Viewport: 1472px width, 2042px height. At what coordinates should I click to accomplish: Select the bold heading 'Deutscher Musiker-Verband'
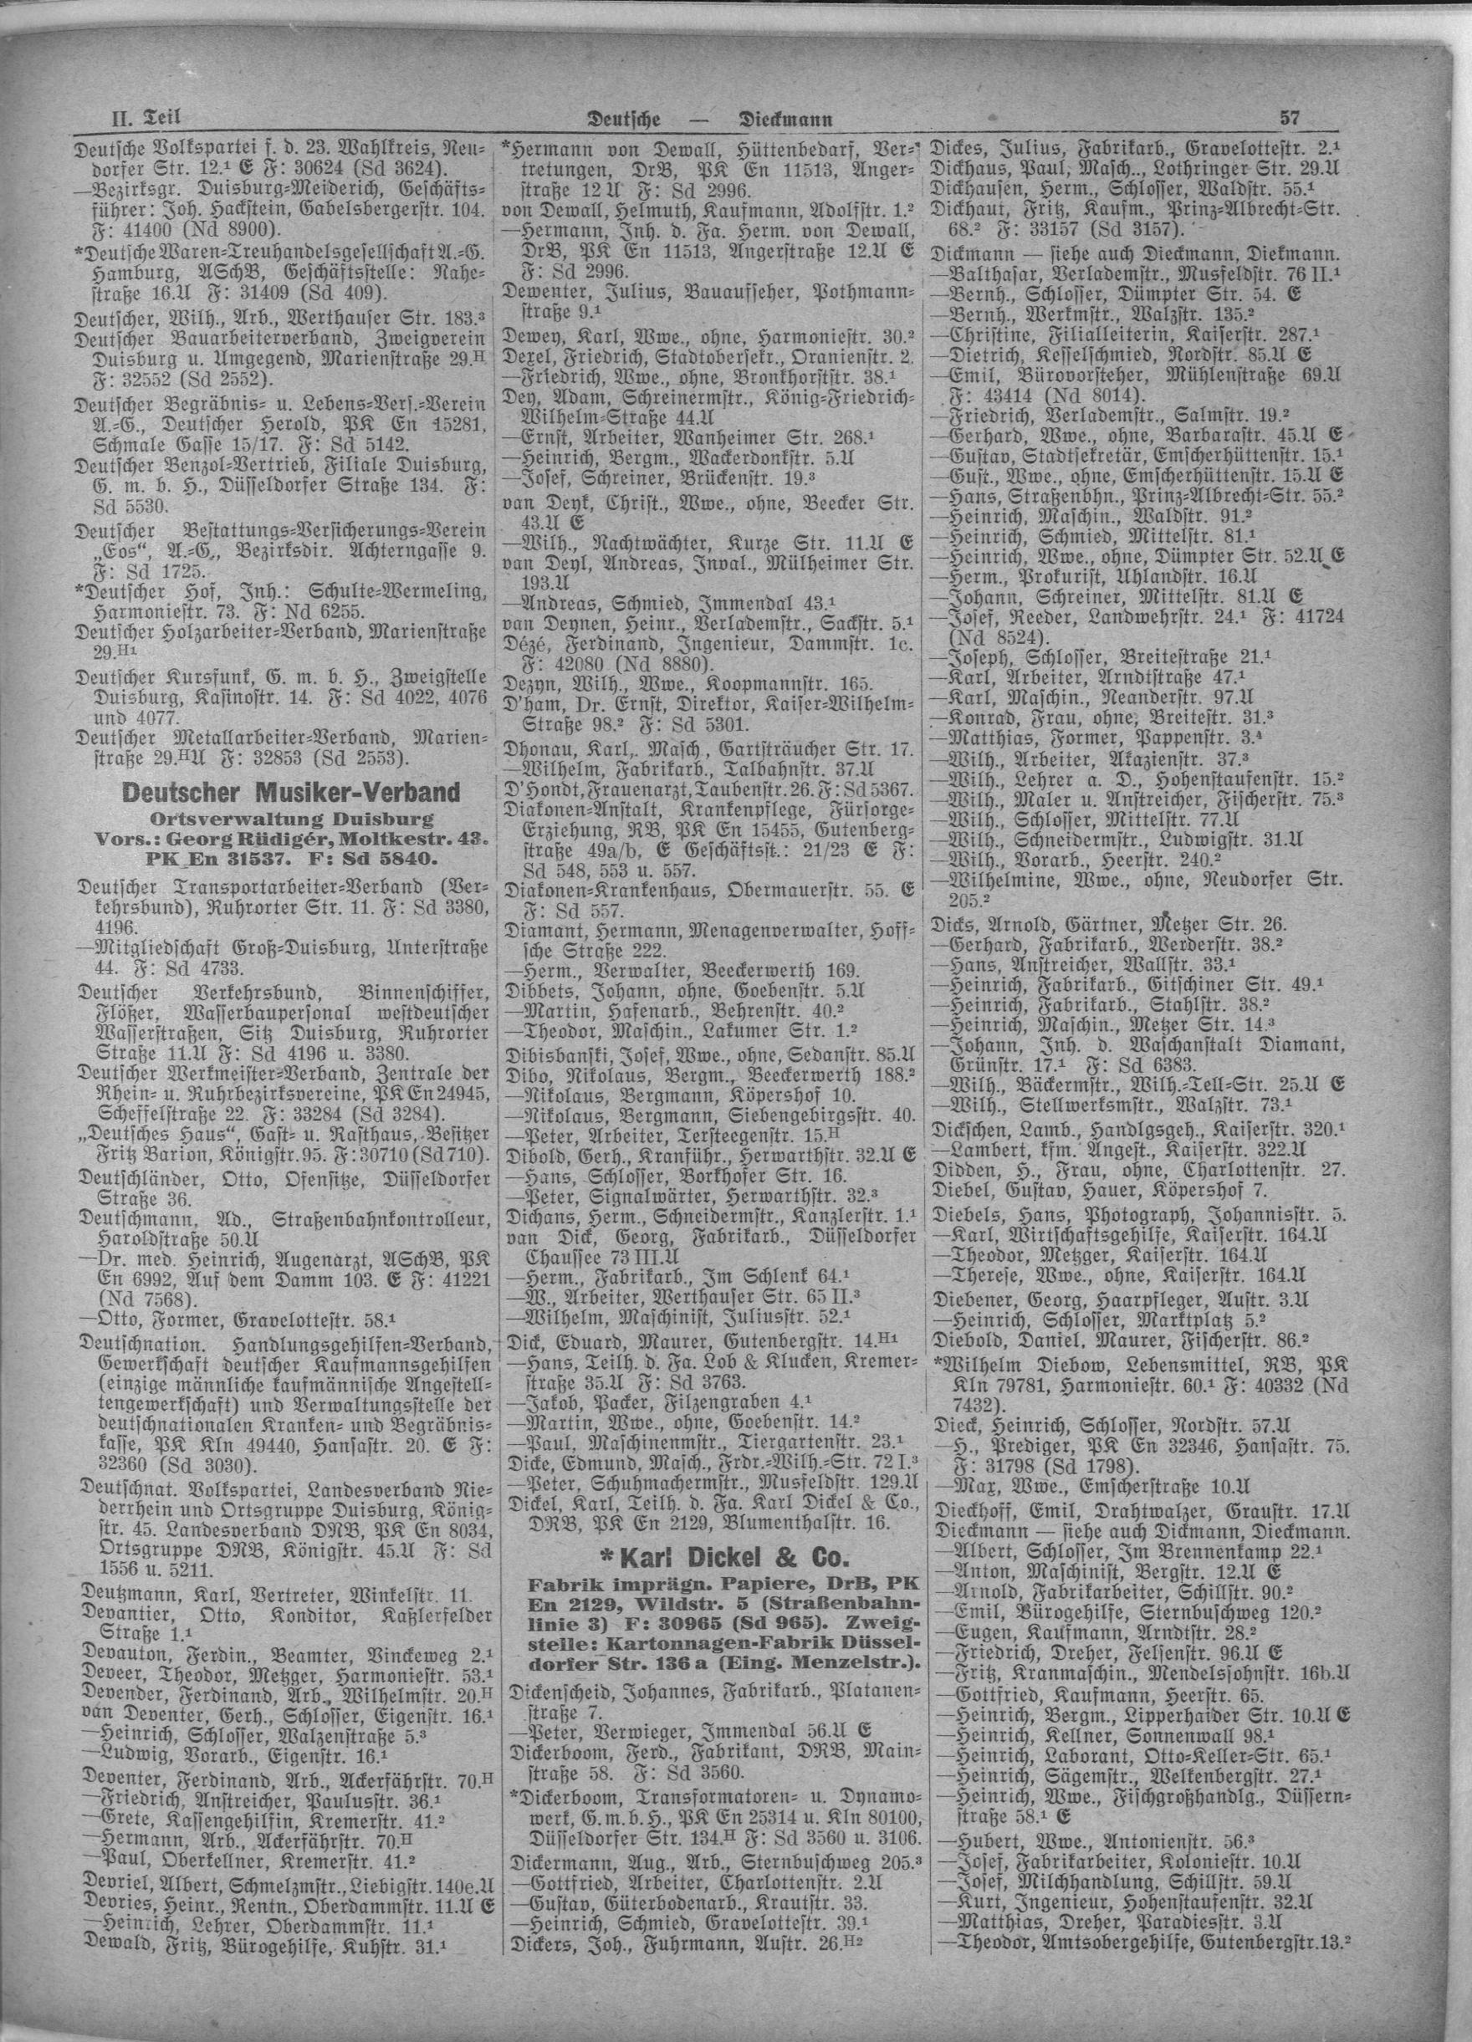(x=291, y=794)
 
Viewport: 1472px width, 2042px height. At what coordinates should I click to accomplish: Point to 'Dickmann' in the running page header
(x=785, y=117)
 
